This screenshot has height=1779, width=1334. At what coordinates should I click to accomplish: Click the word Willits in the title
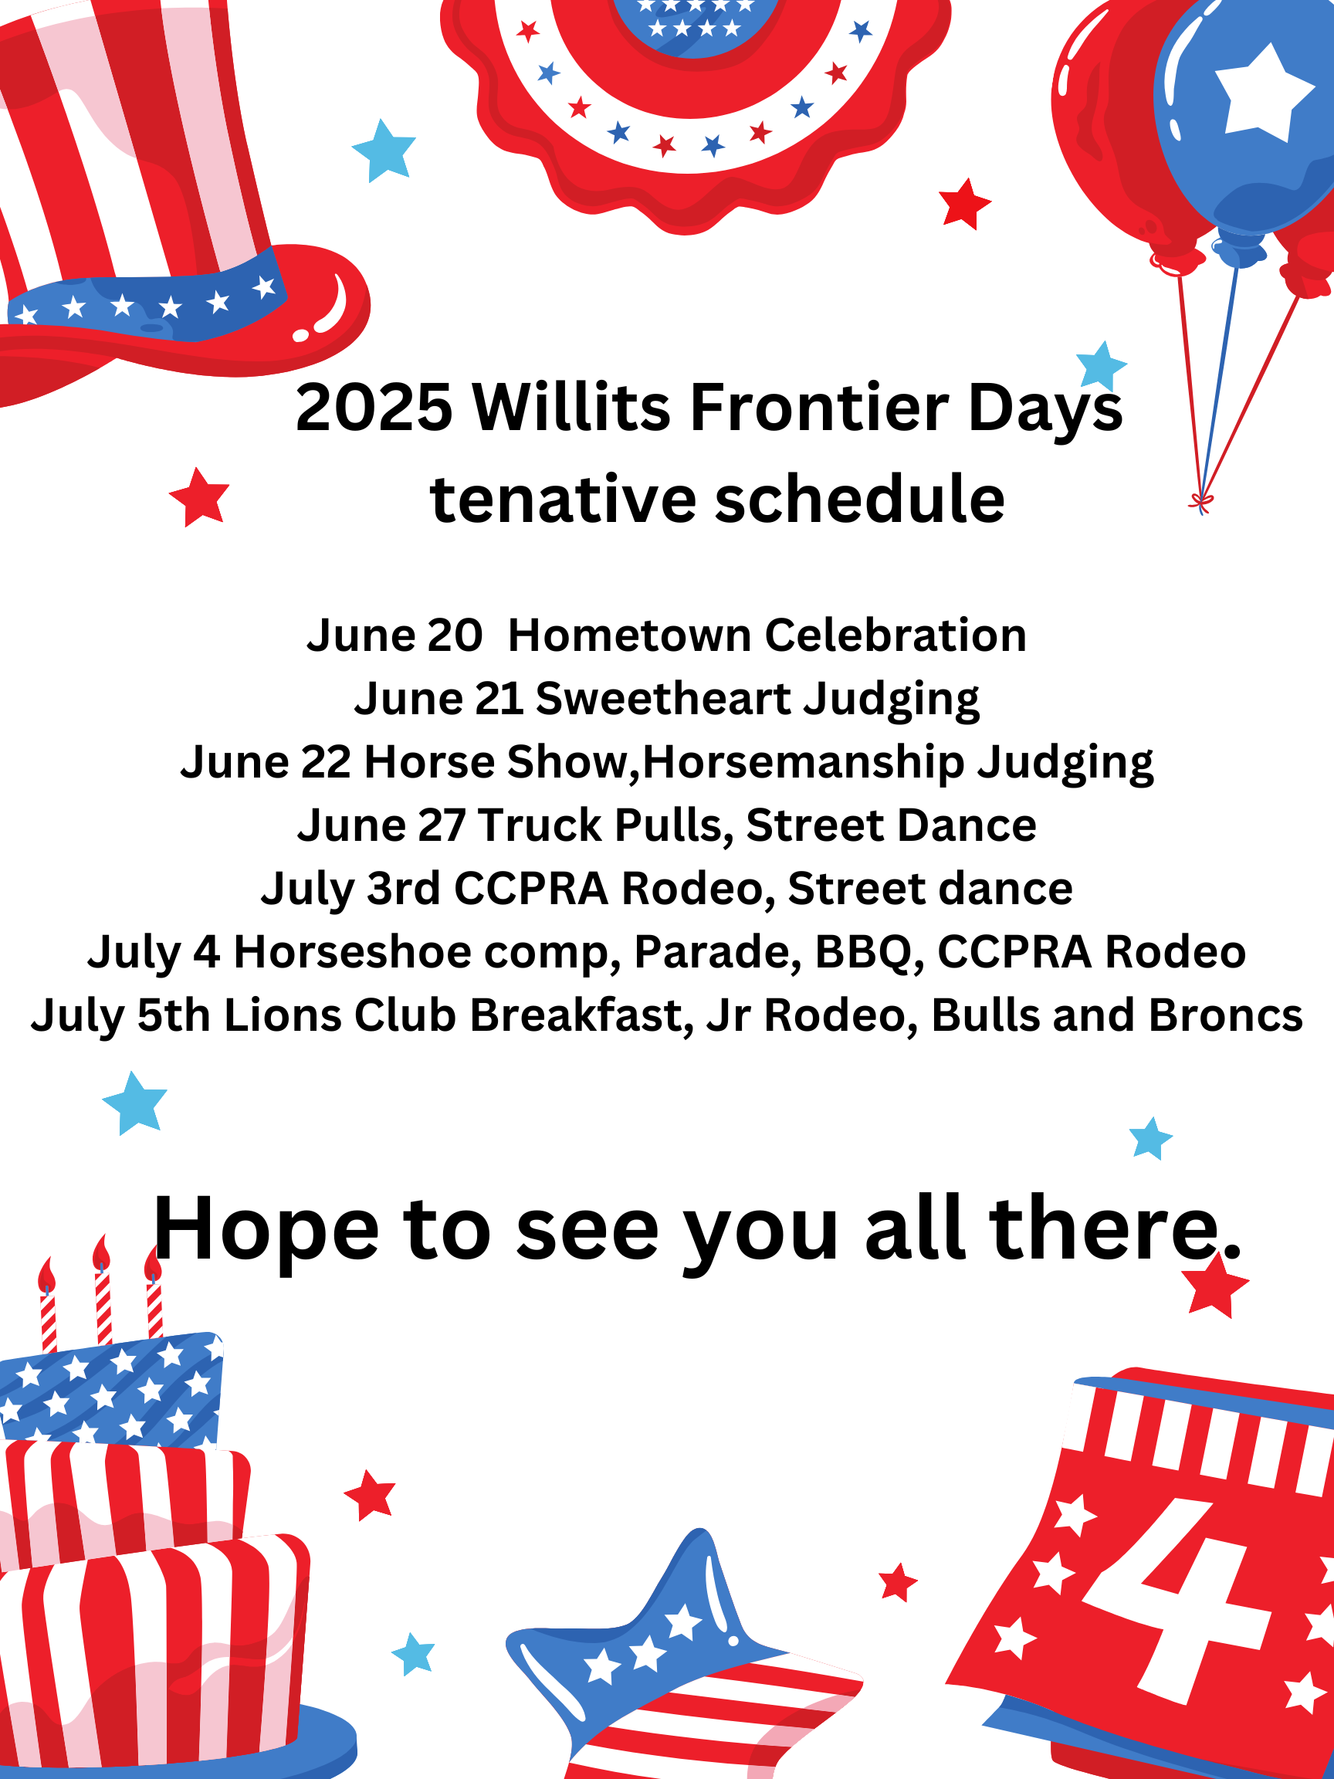coord(572,407)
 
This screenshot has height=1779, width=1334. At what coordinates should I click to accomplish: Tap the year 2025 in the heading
coord(374,407)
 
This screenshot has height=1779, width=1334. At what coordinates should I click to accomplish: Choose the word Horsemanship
coord(803,762)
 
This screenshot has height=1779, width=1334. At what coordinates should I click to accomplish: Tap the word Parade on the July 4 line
coord(717,952)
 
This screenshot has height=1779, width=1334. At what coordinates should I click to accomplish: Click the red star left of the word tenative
coord(198,497)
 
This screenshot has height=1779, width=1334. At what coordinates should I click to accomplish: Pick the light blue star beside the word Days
coord(1101,366)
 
